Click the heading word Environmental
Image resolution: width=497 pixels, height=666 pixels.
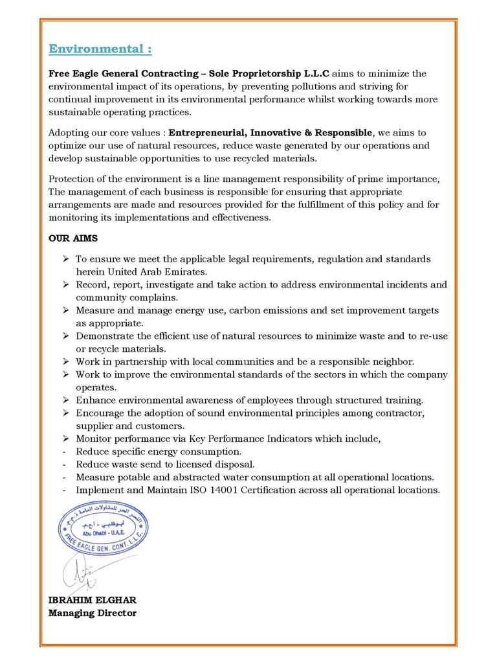point(96,49)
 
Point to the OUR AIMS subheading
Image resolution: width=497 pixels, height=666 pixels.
point(73,238)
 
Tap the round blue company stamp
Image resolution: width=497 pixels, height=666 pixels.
point(103,529)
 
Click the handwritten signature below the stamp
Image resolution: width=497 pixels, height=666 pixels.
point(82,573)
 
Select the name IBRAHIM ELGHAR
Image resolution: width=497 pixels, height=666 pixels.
point(92,600)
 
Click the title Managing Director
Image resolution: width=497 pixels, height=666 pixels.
point(92,613)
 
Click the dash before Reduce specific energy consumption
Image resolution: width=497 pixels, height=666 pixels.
point(64,452)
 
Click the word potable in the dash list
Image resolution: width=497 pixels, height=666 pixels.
point(135,477)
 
